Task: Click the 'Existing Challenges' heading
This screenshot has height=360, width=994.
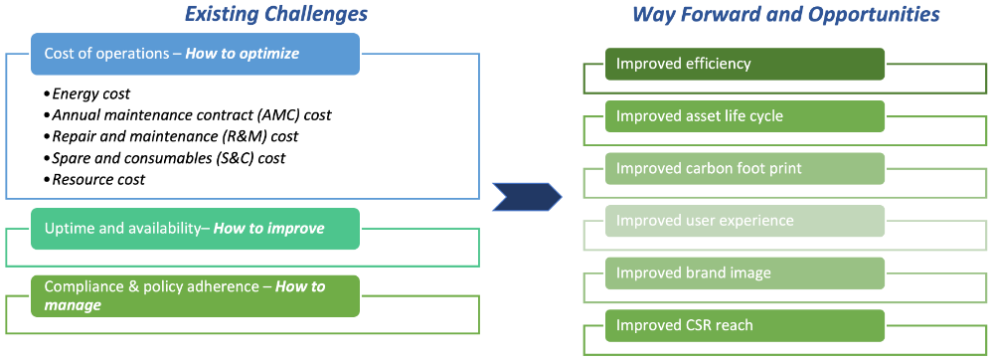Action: click(x=275, y=14)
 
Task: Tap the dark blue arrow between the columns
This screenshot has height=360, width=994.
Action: click(x=527, y=197)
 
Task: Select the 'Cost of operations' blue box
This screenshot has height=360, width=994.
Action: click(x=195, y=54)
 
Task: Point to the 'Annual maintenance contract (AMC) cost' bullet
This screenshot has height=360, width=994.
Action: click(x=188, y=115)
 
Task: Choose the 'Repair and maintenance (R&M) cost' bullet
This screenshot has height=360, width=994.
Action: click(x=171, y=136)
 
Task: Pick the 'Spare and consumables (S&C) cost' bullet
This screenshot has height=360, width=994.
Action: click(x=165, y=158)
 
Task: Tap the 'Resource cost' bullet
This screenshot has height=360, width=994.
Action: click(x=94, y=179)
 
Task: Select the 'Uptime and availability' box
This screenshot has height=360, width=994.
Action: click(x=195, y=228)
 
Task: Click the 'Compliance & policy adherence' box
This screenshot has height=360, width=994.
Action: click(x=195, y=296)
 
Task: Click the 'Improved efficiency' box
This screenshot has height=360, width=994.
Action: click(x=745, y=64)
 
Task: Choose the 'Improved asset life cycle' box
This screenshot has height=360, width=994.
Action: click(x=745, y=116)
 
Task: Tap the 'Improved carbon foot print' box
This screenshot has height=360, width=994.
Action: click(x=745, y=169)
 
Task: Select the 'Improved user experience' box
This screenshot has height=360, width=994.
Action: click(x=745, y=221)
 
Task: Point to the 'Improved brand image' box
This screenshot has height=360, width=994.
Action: click(x=745, y=273)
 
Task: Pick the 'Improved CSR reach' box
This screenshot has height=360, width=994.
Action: click(x=745, y=326)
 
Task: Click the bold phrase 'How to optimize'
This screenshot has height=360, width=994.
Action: click(x=243, y=54)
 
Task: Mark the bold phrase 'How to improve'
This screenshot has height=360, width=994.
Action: click(x=268, y=228)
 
